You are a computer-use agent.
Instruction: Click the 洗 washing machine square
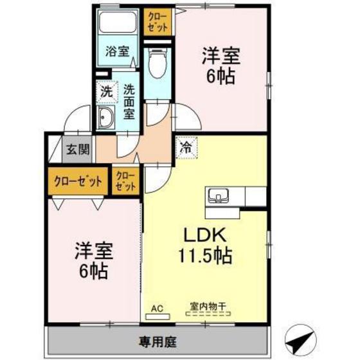click(107, 91)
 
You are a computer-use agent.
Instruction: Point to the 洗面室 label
click(129, 102)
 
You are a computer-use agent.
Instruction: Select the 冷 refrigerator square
click(186, 147)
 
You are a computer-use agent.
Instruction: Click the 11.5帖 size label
click(206, 256)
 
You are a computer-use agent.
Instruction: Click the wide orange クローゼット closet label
click(78, 181)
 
